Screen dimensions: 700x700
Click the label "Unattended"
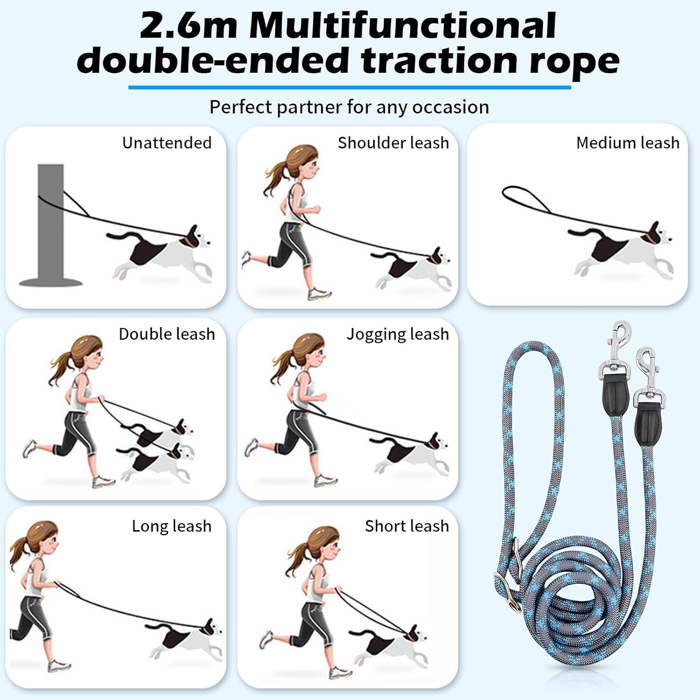(x=167, y=143)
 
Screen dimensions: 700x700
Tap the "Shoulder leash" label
(x=393, y=143)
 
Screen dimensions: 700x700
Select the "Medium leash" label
(x=628, y=143)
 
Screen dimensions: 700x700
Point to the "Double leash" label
(x=167, y=334)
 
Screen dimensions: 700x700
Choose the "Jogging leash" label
(x=398, y=334)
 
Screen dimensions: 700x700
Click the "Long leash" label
(x=171, y=526)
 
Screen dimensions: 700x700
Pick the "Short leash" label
(x=406, y=526)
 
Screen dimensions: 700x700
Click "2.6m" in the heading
(x=188, y=26)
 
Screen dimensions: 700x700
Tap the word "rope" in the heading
(x=574, y=61)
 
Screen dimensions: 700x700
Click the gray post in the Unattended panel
(x=50, y=224)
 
